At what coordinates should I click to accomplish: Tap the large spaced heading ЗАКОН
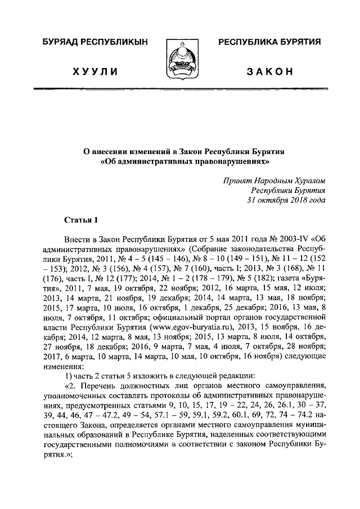[269, 72]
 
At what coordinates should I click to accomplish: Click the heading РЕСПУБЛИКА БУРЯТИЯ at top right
[269, 43]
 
